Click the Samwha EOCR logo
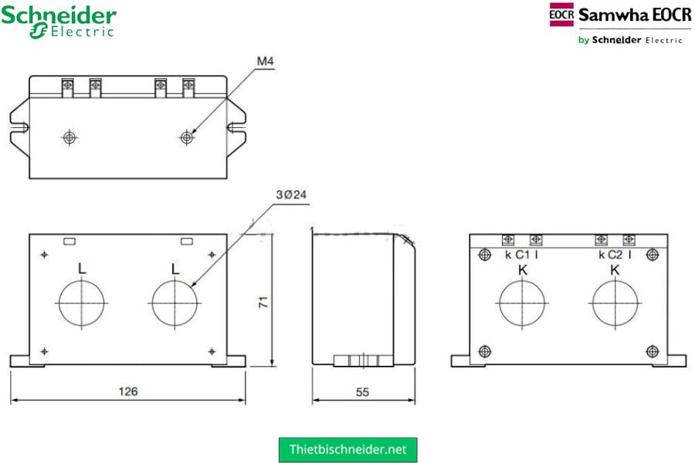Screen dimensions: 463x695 [x=618, y=23]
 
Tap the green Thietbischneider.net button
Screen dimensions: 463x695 [x=347, y=449]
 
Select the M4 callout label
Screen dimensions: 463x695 [x=266, y=63]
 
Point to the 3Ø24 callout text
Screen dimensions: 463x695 [x=292, y=195]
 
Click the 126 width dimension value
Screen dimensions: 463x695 [x=127, y=392]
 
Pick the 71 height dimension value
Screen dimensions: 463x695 [x=263, y=304]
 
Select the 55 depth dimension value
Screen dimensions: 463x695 [x=362, y=392]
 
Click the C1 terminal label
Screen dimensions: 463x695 [x=523, y=255]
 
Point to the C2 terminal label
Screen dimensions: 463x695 [x=615, y=255]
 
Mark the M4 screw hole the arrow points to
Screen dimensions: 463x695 [x=186, y=137]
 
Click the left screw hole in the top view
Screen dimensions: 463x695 [x=69, y=137]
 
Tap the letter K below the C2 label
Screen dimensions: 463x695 [x=615, y=270]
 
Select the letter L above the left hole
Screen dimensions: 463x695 [x=81, y=269]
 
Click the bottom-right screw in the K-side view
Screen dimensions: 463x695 [x=652, y=351]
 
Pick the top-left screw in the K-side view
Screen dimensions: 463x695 [x=485, y=255]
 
